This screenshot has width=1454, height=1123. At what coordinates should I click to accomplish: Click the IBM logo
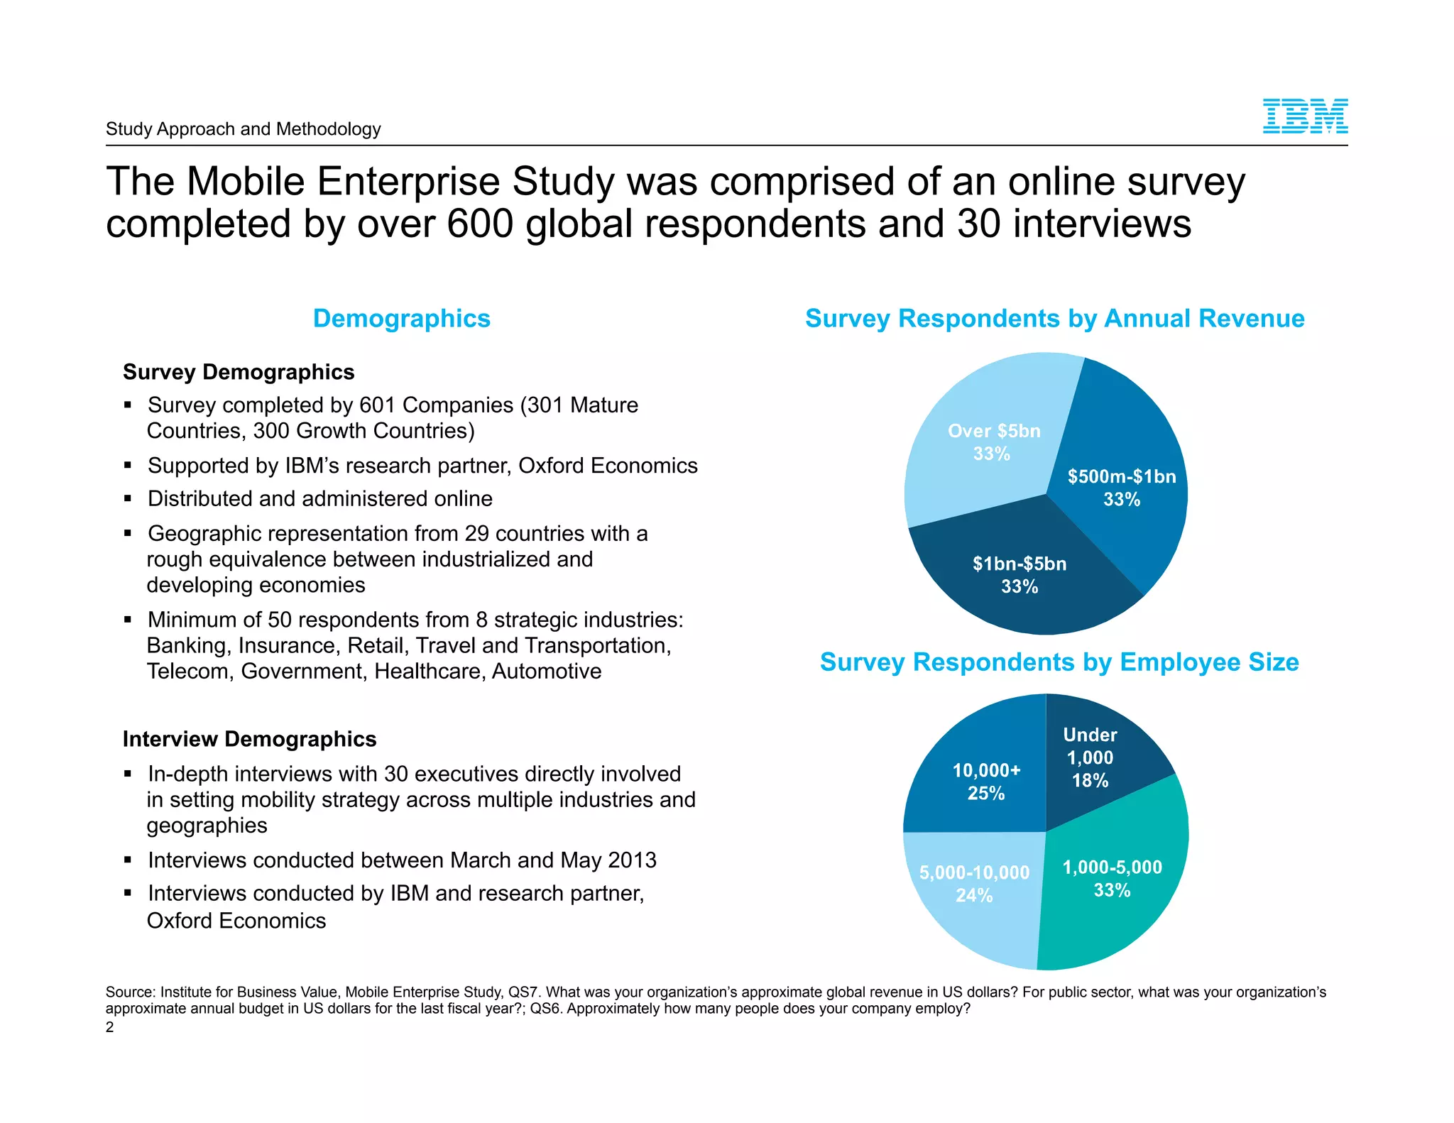point(1305,116)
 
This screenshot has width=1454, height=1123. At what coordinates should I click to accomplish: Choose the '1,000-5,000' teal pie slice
point(1115,887)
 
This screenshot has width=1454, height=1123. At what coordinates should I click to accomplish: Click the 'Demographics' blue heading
point(401,319)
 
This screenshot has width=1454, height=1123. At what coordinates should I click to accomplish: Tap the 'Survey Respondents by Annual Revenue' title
point(1054,319)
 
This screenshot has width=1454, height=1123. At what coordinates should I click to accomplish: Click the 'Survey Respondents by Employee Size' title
point(1059,662)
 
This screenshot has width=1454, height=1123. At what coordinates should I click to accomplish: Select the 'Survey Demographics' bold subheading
point(239,372)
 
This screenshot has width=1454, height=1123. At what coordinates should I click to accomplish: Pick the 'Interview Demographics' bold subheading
point(249,739)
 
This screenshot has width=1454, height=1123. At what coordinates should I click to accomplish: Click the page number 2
point(109,1027)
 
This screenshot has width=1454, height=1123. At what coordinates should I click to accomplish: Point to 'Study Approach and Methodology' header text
point(244,129)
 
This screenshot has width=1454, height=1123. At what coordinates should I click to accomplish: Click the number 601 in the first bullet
point(378,405)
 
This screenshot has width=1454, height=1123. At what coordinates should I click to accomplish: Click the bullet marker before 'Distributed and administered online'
point(128,499)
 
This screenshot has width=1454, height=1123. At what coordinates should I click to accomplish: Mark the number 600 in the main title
point(480,224)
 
